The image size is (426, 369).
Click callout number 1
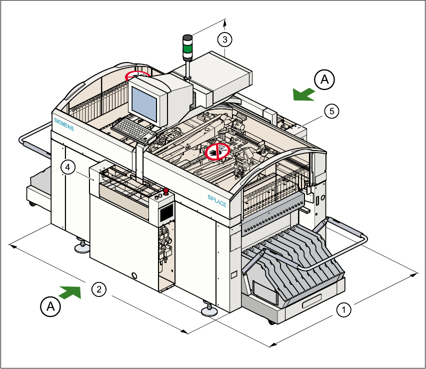coord(343,309)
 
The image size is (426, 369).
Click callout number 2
coord(98,288)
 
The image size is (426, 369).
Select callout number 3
coord(225,38)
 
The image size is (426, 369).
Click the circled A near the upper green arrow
coord(324,79)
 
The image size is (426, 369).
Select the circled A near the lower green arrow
coord(50,306)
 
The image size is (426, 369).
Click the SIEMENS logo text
coord(63,124)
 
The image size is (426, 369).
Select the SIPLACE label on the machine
coord(217,200)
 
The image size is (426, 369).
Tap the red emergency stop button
coord(165,190)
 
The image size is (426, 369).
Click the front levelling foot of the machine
coord(208,311)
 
